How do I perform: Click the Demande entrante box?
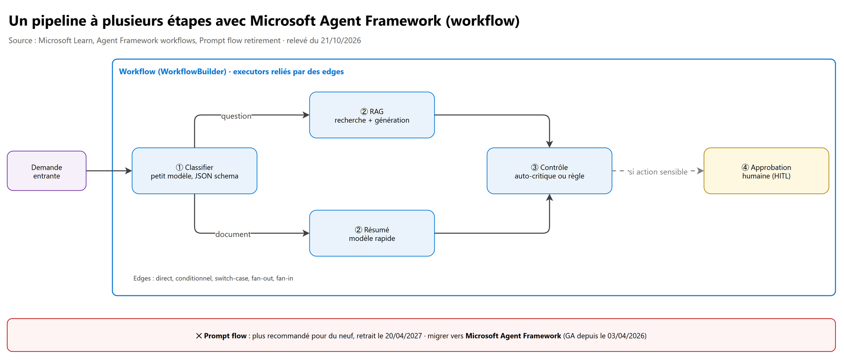pos(46,171)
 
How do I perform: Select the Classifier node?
pos(194,171)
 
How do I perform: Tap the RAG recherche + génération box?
pos(372,115)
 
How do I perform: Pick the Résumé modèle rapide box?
pos(372,233)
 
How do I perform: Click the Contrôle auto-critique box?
pos(549,171)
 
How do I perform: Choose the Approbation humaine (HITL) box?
pos(766,171)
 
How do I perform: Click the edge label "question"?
pos(236,116)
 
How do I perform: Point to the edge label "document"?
pos(233,235)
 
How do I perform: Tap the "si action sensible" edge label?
pos(658,172)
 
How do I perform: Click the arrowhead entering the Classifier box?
pos(129,171)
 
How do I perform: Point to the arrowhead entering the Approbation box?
pos(701,171)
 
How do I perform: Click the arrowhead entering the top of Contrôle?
pos(549,144)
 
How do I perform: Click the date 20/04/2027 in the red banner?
pos(403,336)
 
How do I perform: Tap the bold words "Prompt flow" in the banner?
pos(225,336)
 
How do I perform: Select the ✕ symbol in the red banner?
pos(199,336)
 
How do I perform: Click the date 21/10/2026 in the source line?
pos(341,40)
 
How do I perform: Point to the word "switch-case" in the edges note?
pos(231,278)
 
